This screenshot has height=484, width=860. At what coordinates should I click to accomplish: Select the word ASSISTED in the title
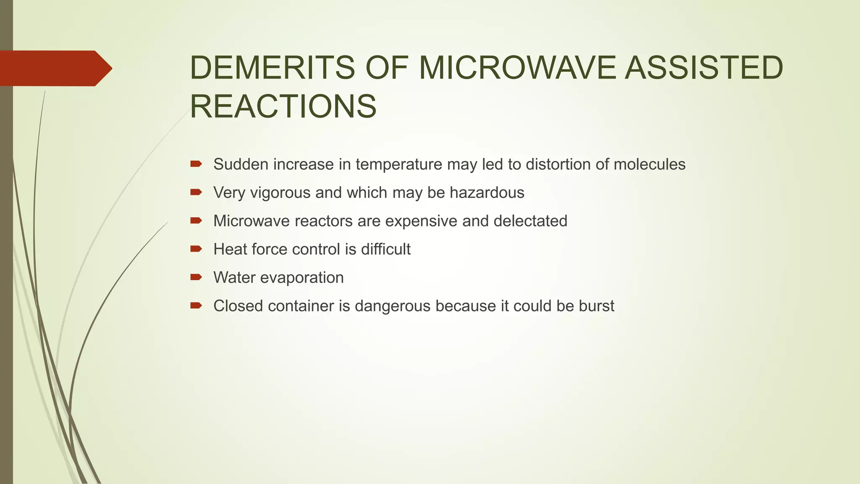pyautogui.click(x=704, y=68)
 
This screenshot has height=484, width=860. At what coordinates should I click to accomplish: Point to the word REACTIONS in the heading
pyautogui.click(x=283, y=107)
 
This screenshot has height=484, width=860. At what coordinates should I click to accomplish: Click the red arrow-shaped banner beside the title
pyautogui.click(x=55, y=68)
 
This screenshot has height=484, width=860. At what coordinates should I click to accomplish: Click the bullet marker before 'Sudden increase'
pyautogui.click(x=196, y=164)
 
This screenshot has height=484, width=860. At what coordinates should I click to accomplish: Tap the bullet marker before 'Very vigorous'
pyautogui.click(x=196, y=192)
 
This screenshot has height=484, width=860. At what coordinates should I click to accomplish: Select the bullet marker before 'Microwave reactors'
pyautogui.click(x=196, y=221)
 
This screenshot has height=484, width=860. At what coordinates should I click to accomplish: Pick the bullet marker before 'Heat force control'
pyautogui.click(x=196, y=249)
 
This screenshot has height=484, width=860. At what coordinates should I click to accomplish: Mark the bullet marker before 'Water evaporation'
pyautogui.click(x=196, y=277)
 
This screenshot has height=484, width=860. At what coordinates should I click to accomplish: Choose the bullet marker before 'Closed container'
pyautogui.click(x=196, y=305)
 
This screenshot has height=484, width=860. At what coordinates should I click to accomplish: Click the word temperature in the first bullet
pyautogui.click(x=399, y=164)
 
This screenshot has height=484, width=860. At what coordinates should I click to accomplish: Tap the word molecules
pyautogui.click(x=649, y=164)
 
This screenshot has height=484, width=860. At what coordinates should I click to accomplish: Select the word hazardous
pyautogui.click(x=487, y=193)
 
